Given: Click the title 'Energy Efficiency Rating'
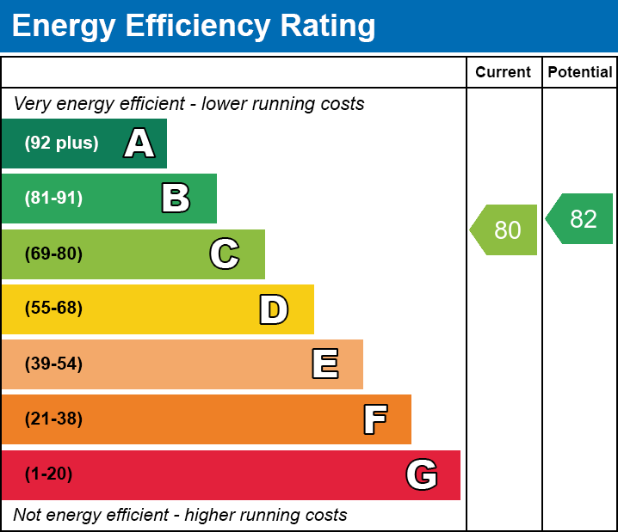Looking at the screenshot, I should pyautogui.click(x=194, y=27).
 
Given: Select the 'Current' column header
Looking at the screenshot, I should pyautogui.click(x=504, y=73).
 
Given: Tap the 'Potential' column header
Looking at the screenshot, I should pyautogui.click(x=580, y=73).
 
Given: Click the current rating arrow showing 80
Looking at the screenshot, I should pyautogui.click(x=505, y=230).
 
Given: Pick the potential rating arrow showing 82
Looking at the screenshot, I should pyautogui.click(x=581, y=219).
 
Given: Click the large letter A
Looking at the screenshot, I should pyautogui.click(x=139, y=144).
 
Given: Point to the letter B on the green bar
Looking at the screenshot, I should pyautogui.click(x=176, y=199).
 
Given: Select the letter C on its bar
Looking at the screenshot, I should pyautogui.click(x=225, y=254).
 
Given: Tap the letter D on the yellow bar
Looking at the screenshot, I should pyautogui.click(x=274, y=309).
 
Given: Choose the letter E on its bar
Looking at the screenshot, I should pyautogui.click(x=324, y=364).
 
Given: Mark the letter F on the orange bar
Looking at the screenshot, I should pyautogui.click(x=374, y=419).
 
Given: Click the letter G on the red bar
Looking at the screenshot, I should pyautogui.click(x=422, y=474).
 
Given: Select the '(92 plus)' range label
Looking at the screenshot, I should pyautogui.click(x=61, y=144).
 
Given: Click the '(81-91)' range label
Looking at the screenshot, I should pyautogui.click(x=53, y=199).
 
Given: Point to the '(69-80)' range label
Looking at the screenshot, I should pyautogui.click(x=53, y=254).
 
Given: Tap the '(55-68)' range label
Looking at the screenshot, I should pyautogui.click(x=53, y=309).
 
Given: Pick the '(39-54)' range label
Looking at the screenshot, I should pyautogui.click(x=53, y=364).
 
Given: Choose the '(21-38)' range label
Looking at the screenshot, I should pyautogui.click(x=53, y=419).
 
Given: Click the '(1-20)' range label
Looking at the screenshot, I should pyautogui.click(x=48, y=474).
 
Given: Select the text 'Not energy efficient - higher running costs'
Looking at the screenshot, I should pyautogui.click(x=180, y=516).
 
